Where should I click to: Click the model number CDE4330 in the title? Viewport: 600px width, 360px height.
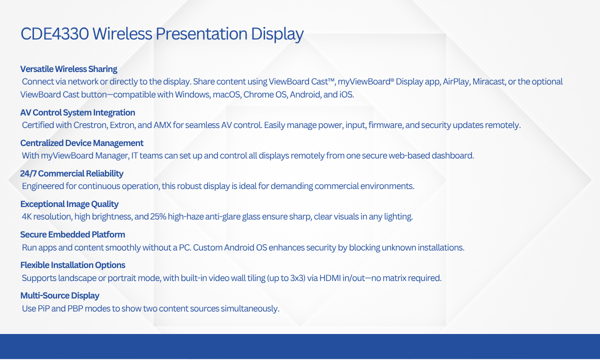click(54, 34)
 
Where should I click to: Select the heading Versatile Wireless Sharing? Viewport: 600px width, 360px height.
click(69, 69)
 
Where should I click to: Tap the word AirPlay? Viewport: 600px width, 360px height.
click(456, 81)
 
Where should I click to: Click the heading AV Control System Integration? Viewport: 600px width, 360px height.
click(77, 112)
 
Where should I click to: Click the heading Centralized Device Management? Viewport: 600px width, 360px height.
click(82, 143)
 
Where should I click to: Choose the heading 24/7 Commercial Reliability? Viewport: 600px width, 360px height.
click(72, 173)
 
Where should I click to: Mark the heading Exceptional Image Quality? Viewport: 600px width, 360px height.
click(69, 204)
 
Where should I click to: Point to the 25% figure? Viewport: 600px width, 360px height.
click(158, 216)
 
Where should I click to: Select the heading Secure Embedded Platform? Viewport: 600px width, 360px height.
click(72, 234)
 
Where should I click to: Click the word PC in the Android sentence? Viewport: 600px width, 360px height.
click(184, 247)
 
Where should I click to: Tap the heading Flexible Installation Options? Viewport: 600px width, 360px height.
click(73, 265)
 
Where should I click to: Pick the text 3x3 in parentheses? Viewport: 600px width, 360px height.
click(297, 278)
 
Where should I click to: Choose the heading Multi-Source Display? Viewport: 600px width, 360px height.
click(59, 295)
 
